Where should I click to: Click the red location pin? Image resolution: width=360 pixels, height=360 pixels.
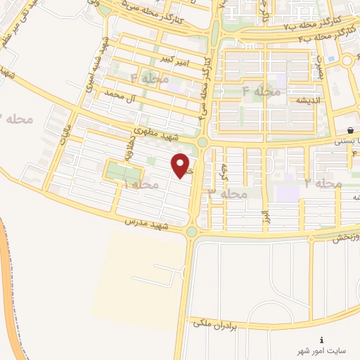tap(181, 165)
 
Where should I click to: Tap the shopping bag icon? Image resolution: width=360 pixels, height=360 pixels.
tap(350, 129)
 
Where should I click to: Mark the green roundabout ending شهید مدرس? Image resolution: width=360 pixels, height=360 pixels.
tap(191, 231)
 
